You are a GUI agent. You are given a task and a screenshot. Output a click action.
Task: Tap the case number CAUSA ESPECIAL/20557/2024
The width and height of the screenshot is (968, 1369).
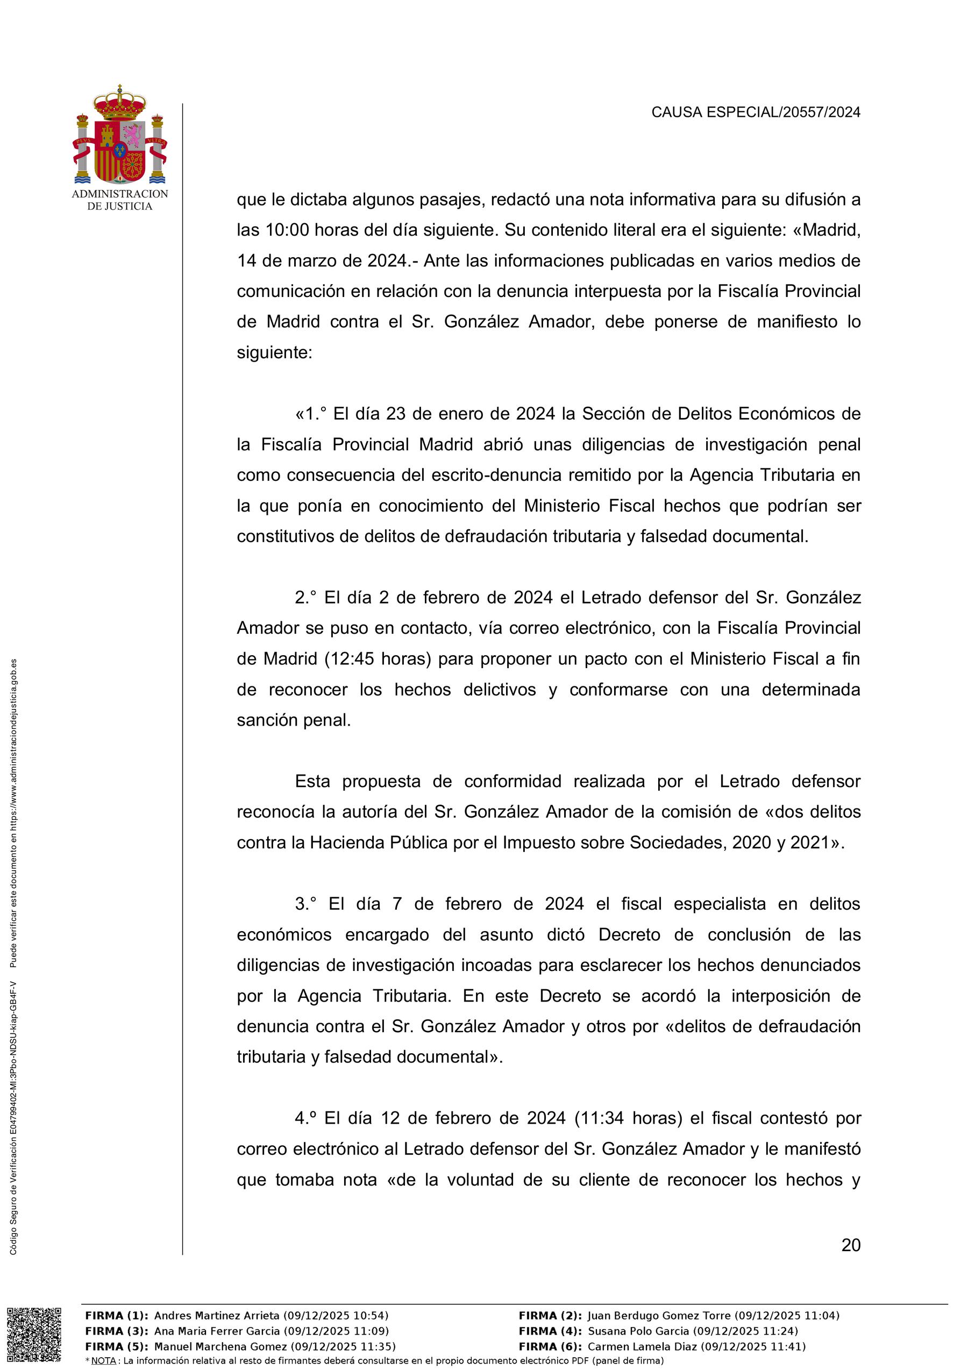(x=755, y=112)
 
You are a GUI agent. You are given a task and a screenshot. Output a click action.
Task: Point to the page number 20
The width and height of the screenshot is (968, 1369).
(x=851, y=1246)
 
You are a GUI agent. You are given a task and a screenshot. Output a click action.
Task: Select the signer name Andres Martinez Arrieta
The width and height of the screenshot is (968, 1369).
(x=216, y=1315)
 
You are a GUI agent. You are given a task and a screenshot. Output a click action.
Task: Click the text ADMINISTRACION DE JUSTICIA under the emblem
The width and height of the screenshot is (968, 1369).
(x=120, y=200)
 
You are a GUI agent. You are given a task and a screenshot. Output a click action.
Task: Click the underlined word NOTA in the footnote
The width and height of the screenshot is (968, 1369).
(x=103, y=1360)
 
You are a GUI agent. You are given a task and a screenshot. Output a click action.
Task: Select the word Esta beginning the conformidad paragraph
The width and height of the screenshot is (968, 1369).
(x=312, y=781)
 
